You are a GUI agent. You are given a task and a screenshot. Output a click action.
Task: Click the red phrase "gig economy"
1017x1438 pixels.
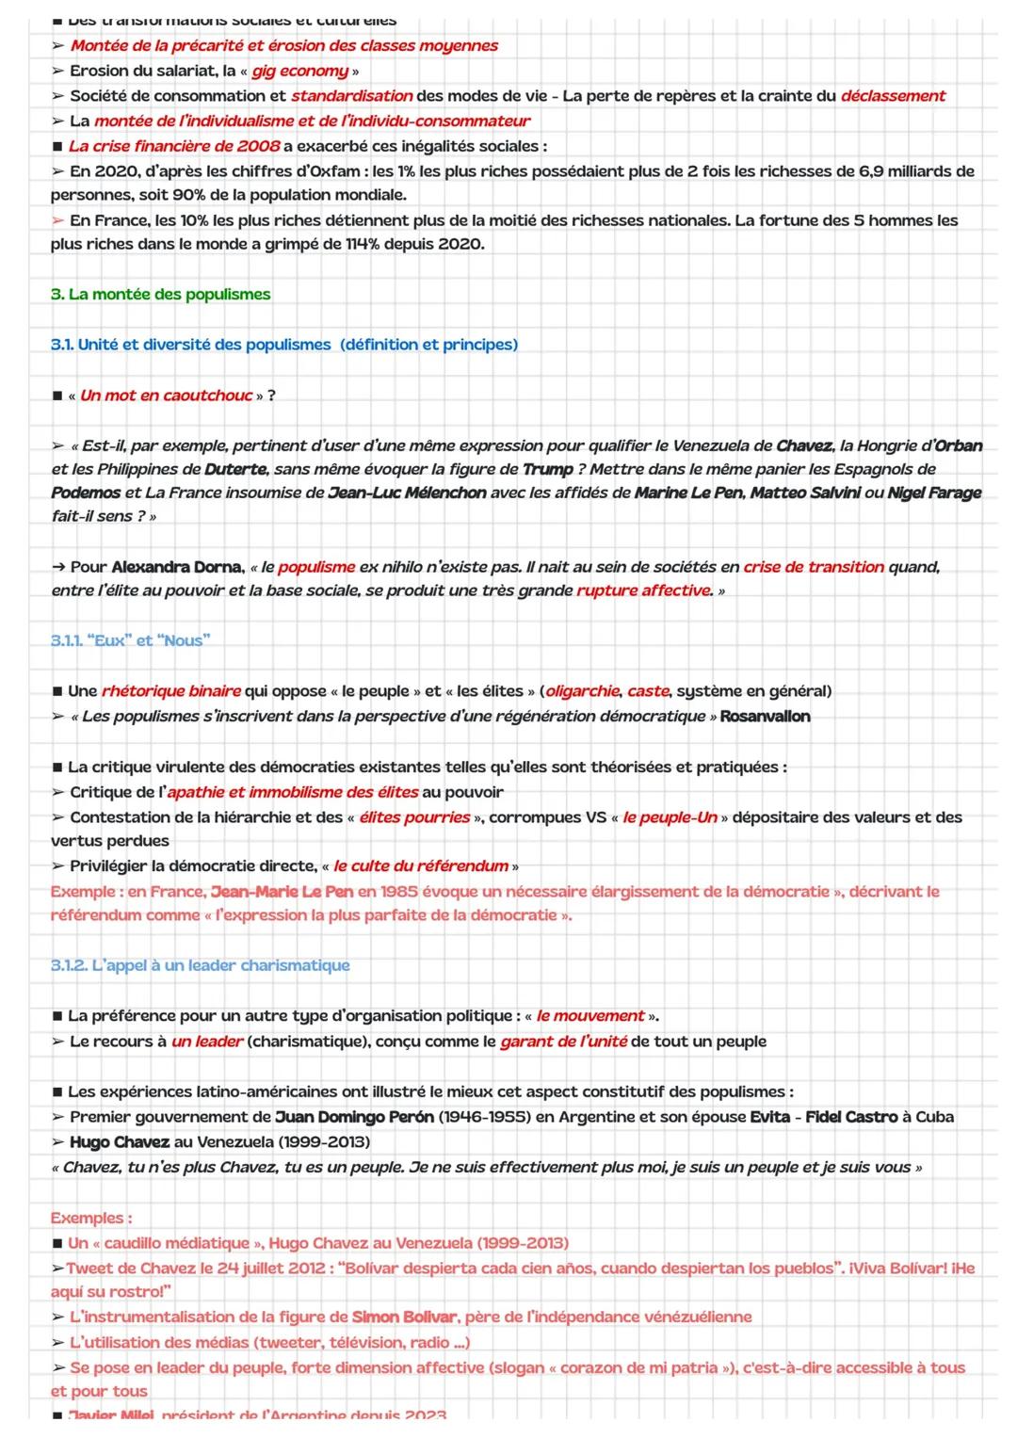pyautogui.click(x=299, y=71)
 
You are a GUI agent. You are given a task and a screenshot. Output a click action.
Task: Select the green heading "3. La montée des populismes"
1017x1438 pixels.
pyautogui.click(x=160, y=294)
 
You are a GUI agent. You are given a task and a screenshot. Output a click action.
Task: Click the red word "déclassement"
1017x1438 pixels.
pyautogui.click(x=893, y=95)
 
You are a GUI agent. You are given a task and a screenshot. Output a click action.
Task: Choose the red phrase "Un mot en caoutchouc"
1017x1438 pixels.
pyautogui.click(x=167, y=396)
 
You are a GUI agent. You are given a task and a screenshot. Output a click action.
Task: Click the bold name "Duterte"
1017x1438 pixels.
pyautogui.click(x=235, y=469)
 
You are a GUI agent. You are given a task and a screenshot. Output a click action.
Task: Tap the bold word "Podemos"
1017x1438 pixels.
pyautogui.click(x=86, y=493)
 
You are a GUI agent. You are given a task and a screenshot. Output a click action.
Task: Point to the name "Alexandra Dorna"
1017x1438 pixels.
pyautogui.click(x=176, y=567)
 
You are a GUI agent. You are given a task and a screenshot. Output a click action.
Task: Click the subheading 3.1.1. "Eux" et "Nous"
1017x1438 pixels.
pyautogui.click(x=130, y=640)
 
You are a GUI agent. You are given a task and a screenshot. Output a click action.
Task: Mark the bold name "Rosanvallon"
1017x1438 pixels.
pyautogui.click(x=765, y=717)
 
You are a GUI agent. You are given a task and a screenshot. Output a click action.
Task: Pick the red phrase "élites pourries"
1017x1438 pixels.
pyautogui.click(x=414, y=817)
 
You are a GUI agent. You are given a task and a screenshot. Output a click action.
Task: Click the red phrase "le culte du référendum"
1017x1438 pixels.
pyautogui.click(x=421, y=865)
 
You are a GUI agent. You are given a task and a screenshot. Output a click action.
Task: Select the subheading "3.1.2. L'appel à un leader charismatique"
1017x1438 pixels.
pyautogui.click(x=200, y=965)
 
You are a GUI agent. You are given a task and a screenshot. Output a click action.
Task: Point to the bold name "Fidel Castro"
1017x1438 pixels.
pyautogui.click(x=851, y=1117)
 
